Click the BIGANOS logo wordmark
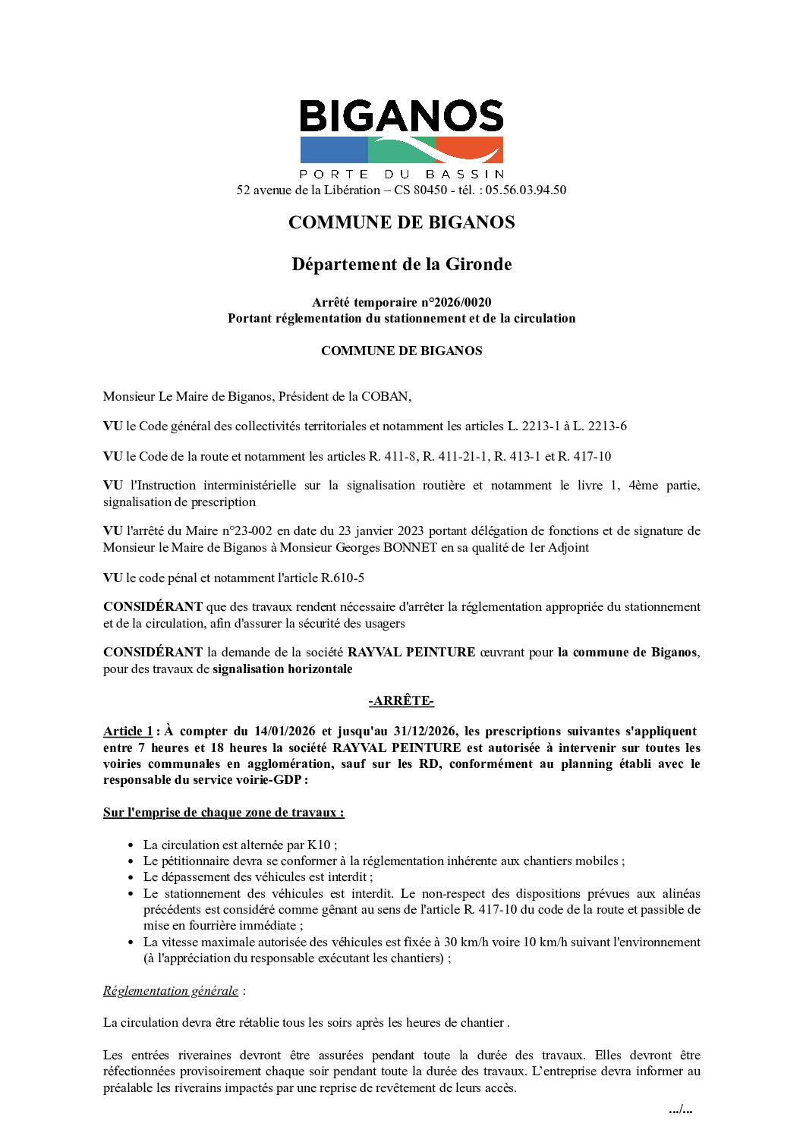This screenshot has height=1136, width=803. click(401, 117)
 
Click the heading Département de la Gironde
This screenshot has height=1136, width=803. click(401, 264)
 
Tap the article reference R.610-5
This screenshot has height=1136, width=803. click(342, 577)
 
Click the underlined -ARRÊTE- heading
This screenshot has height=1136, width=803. click(401, 700)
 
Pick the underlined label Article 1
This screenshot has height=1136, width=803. click(128, 731)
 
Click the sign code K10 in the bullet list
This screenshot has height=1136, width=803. click(318, 845)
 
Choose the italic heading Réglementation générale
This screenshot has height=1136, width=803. click(171, 990)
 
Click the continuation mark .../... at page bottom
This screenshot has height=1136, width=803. click(680, 1109)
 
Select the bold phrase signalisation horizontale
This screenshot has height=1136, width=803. click(282, 669)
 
